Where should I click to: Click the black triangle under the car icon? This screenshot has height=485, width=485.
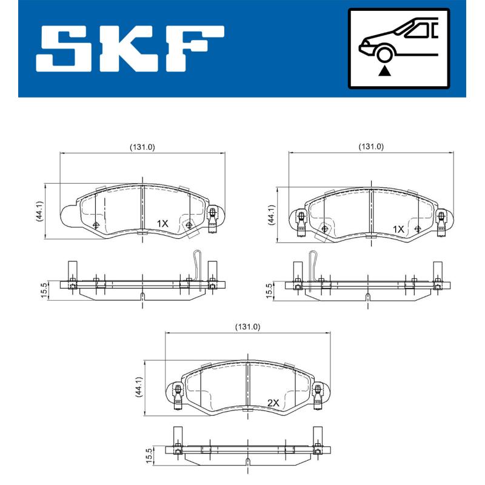(x=384, y=71)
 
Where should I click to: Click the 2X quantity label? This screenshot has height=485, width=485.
(x=273, y=403)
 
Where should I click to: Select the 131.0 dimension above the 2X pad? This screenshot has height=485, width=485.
(x=247, y=327)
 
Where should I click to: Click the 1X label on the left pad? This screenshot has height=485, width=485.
(x=162, y=223)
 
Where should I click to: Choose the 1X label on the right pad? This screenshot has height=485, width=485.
(x=398, y=229)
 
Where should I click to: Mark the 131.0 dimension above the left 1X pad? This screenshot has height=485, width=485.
(x=142, y=147)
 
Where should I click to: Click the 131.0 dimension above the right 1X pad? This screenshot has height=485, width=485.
(x=371, y=147)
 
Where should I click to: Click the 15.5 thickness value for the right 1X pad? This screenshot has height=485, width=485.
(x=269, y=289)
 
